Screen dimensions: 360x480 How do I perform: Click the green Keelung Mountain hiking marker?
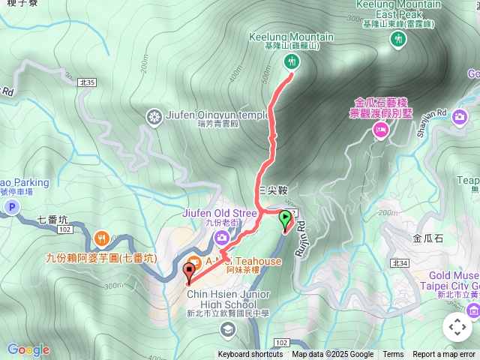pyautogui.click(x=291, y=61)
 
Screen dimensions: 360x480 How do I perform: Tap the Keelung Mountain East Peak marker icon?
pyautogui.click(x=397, y=38)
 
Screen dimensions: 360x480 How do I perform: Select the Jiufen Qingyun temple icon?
pyautogui.click(x=154, y=116)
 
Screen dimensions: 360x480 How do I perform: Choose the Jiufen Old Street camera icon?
pyautogui.click(x=220, y=238)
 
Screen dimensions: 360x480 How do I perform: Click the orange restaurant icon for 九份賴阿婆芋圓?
pyautogui.click(x=103, y=239)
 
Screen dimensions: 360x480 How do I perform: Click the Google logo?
pyautogui.click(x=28, y=349)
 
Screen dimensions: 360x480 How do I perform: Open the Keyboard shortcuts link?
pyautogui.click(x=250, y=355)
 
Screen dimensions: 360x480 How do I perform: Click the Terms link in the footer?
pyautogui.click(x=393, y=355)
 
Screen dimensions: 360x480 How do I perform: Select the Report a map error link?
pyautogui.click(x=444, y=355)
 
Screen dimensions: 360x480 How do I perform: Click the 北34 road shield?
pyautogui.click(x=399, y=262)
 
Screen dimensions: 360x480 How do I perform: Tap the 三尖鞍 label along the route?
pyautogui.click(x=271, y=191)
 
